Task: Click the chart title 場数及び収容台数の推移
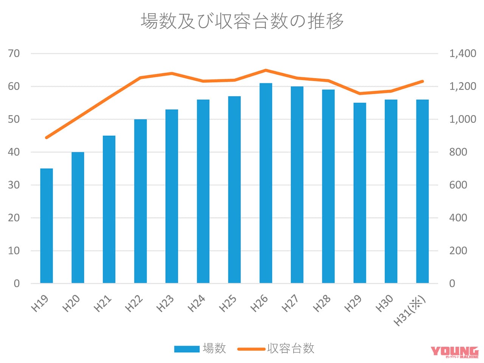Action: click(242, 21)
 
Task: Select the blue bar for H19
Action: click(47, 226)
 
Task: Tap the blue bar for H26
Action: click(266, 183)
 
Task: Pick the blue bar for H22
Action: click(140, 201)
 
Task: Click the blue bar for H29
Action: click(360, 193)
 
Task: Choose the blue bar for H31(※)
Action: click(422, 191)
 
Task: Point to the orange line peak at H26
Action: click(266, 70)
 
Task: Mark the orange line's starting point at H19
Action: click(47, 137)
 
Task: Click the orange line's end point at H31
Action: click(422, 81)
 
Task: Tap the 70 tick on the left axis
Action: click(14, 54)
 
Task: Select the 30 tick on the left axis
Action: click(14, 185)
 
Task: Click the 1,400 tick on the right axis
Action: click(462, 54)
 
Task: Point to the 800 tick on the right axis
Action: click(458, 152)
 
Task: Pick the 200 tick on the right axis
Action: click(458, 251)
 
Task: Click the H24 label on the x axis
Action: click(197, 304)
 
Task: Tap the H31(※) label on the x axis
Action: click(410, 311)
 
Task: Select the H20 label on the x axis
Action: click(71, 304)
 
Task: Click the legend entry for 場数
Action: click(200, 348)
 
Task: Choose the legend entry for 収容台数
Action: click(276, 348)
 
